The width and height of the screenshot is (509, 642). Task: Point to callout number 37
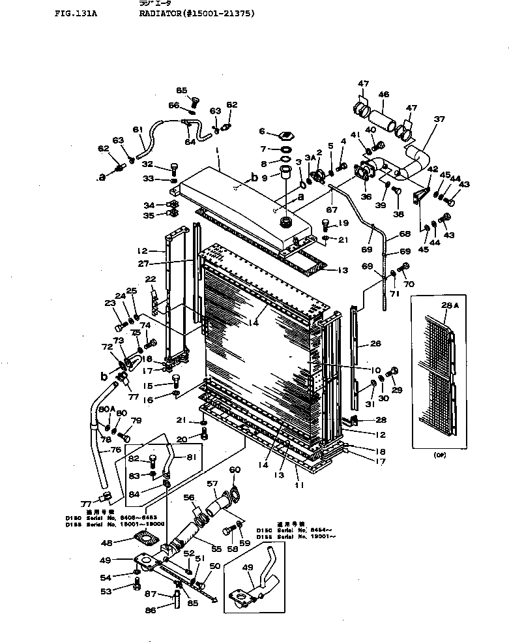439,119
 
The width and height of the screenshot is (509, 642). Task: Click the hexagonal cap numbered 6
285,136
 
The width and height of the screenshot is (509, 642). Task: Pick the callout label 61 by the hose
138,129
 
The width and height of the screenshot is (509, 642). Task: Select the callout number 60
235,470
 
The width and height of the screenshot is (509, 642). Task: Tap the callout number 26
375,343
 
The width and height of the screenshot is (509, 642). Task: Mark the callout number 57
211,484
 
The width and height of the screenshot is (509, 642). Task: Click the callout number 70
409,284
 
